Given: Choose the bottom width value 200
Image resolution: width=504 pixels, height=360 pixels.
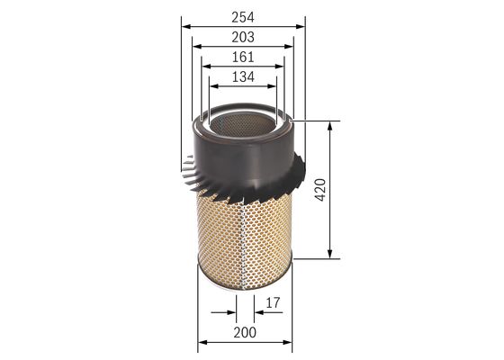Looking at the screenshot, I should [x=243, y=332].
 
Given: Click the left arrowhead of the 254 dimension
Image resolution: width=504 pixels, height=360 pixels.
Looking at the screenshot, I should [x=184, y=26].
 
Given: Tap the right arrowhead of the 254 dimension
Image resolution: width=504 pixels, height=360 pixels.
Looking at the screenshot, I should [x=301, y=26].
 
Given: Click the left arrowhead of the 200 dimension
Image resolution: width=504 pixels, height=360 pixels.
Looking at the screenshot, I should [x=200, y=342].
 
